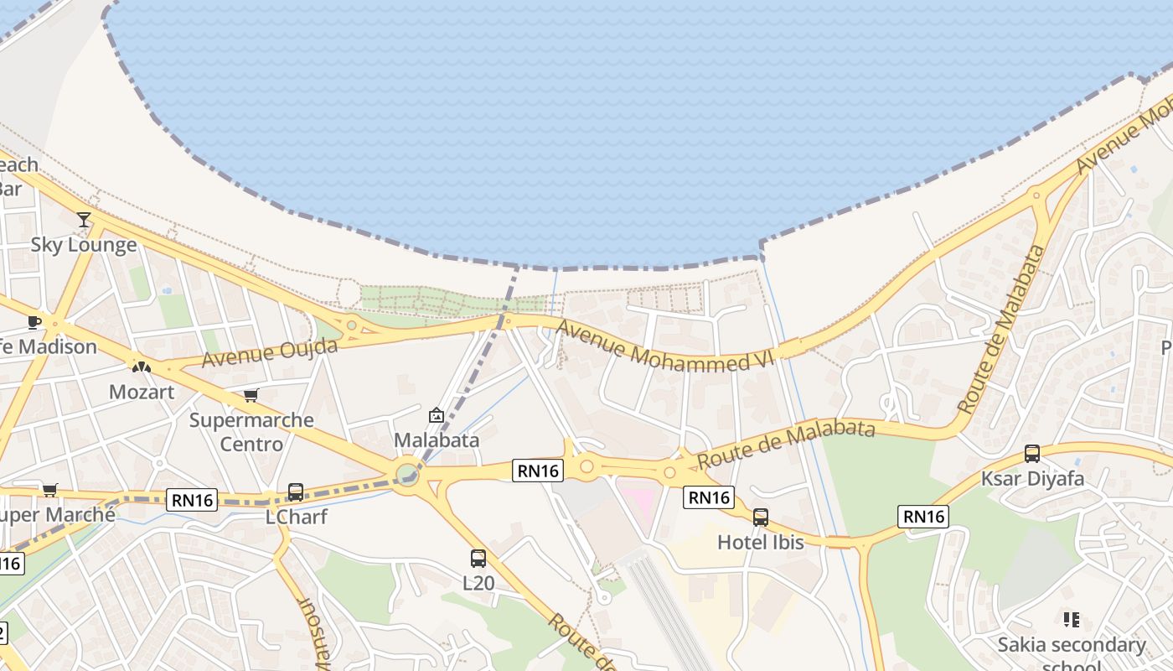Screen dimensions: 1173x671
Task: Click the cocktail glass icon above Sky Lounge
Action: point(84,220)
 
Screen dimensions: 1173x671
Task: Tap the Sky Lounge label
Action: point(84,245)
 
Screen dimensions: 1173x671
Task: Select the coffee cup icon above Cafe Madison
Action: point(34,322)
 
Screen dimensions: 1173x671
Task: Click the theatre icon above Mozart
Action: point(141,367)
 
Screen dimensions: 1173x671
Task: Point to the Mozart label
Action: point(142,392)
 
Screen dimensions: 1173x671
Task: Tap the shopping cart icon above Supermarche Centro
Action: point(251,395)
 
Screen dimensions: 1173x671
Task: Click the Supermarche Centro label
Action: point(251,432)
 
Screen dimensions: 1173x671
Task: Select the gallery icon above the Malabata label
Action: point(437,415)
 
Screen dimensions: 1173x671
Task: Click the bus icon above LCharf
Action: point(296,492)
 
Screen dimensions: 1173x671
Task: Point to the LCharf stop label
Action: point(296,517)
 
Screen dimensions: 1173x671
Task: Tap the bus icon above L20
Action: point(478,559)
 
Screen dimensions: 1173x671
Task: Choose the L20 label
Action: point(478,583)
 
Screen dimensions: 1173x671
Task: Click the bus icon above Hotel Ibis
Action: point(761,518)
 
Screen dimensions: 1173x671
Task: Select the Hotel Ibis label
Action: point(761,543)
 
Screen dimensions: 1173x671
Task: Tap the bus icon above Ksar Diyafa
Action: point(1032,454)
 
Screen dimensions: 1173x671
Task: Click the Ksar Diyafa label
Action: point(1032,479)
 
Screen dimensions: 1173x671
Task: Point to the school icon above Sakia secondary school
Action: point(1071,620)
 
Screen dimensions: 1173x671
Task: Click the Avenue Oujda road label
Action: point(270,353)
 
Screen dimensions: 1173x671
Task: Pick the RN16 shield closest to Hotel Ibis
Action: point(710,497)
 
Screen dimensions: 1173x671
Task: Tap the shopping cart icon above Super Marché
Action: point(50,490)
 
